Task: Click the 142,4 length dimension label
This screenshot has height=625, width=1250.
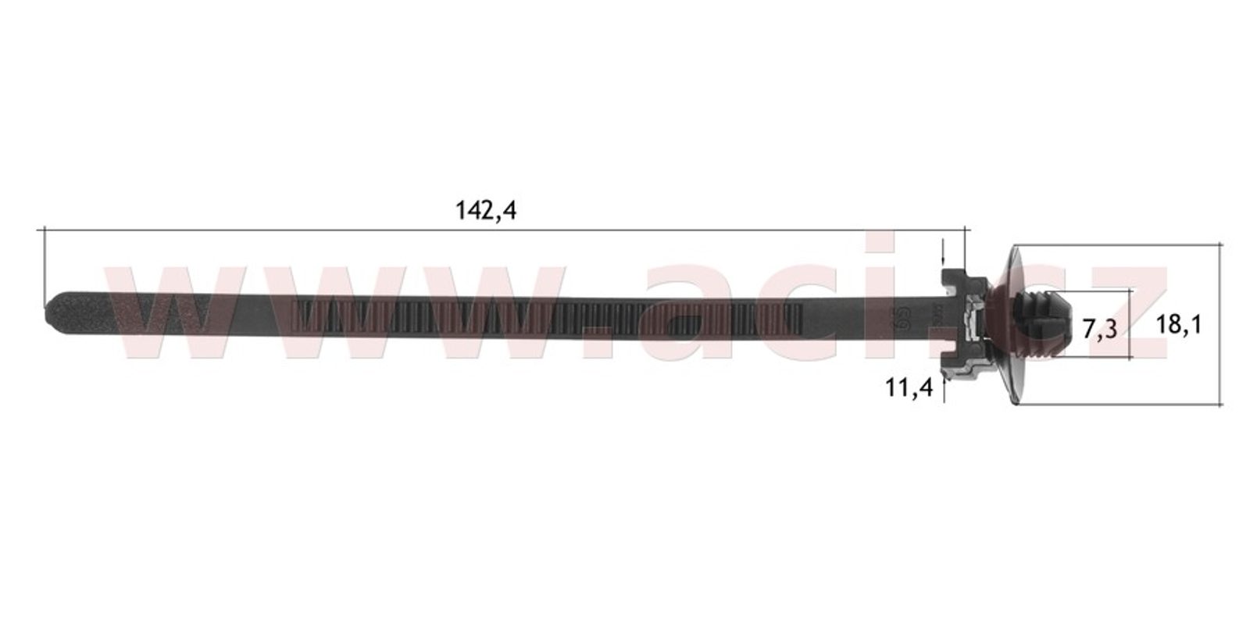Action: point(486,211)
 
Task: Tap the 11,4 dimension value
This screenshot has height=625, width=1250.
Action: point(909,387)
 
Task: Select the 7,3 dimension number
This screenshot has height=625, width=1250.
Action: point(1100,329)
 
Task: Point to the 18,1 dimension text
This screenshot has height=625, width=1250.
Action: point(1179,324)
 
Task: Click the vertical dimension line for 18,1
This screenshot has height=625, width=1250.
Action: point(1220,324)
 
